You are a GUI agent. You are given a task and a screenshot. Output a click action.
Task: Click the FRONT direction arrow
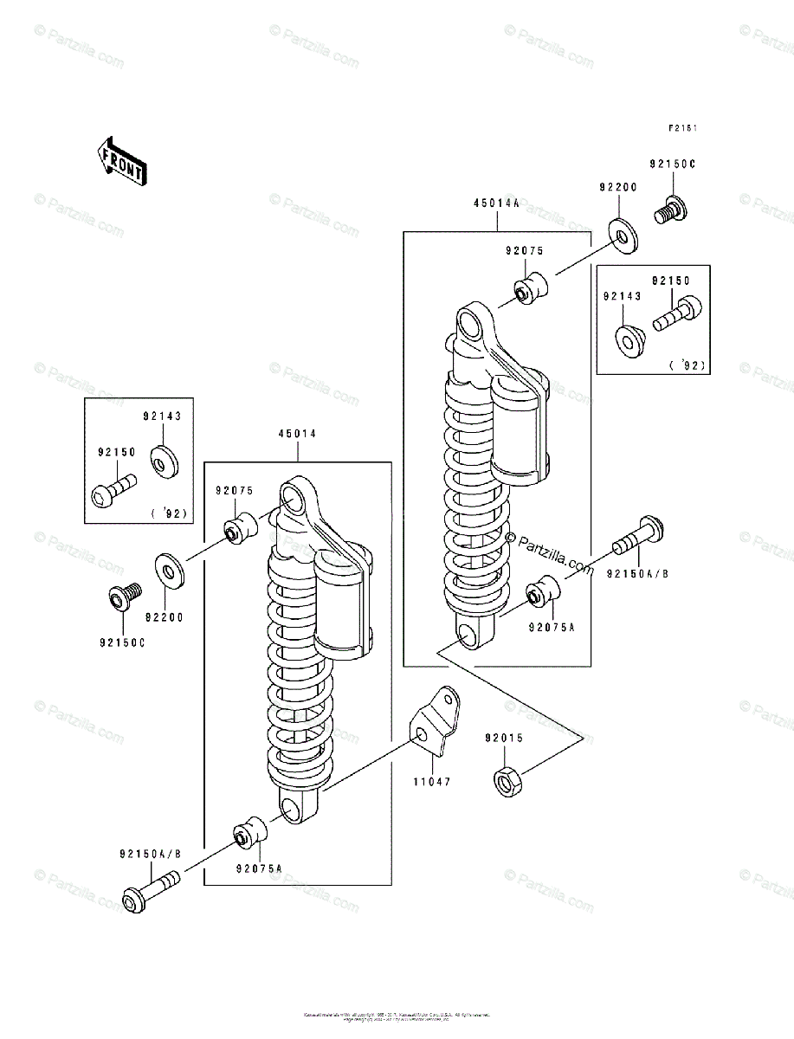tap(120, 161)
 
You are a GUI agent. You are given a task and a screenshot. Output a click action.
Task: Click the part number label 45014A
tap(496, 204)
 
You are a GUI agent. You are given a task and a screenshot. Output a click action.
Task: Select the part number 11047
tap(431, 781)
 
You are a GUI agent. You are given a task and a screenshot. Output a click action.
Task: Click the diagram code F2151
tap(682, 128)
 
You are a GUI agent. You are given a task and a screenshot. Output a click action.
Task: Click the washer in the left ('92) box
tap(162, 461)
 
